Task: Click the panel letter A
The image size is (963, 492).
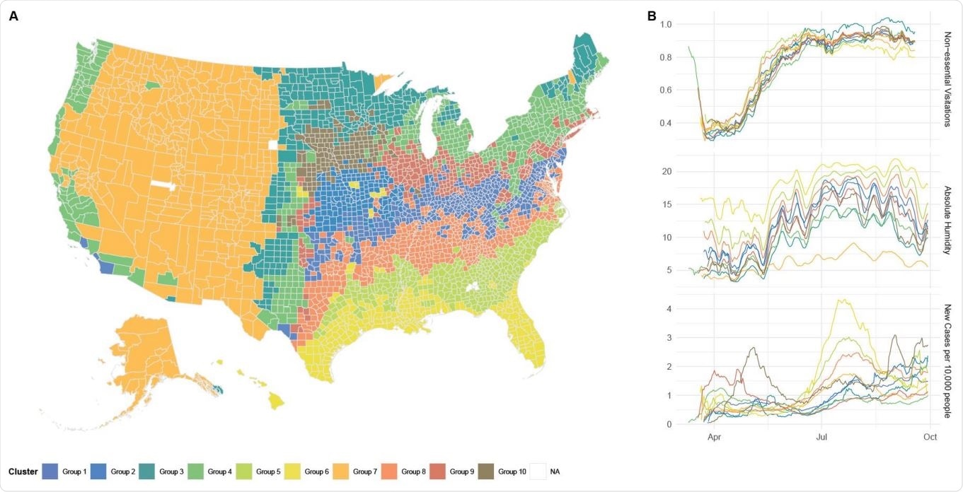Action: point(13,16)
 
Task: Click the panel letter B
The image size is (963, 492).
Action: point(652,16)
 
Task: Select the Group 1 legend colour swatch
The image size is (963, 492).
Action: point(50,471)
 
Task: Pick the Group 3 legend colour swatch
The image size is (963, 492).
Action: point(146,471)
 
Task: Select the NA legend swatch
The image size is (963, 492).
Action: point(537,471)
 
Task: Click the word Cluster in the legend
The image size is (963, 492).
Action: point(23,471)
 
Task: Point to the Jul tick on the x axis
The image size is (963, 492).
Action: point(821,438)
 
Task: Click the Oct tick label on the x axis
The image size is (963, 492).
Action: point(930,438)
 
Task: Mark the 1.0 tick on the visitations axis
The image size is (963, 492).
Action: point(666,24)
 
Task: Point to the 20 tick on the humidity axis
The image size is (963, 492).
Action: point(667,172)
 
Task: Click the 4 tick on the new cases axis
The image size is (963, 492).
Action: point(669,309)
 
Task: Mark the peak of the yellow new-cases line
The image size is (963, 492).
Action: point(841,300)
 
